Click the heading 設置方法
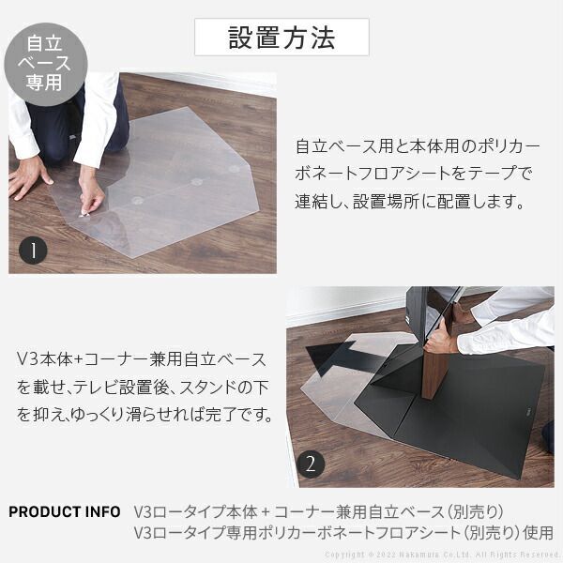point(281,38)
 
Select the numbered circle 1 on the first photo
point(34,251)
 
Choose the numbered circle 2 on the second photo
point(312,463)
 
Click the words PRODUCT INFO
point(64,512)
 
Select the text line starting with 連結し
point(408,202)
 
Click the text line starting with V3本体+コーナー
point(141,359)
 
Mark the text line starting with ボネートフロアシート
point(413,175)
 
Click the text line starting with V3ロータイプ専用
point(343,533)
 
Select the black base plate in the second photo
point(469,403)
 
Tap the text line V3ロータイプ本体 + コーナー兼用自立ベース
point(319,512)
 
